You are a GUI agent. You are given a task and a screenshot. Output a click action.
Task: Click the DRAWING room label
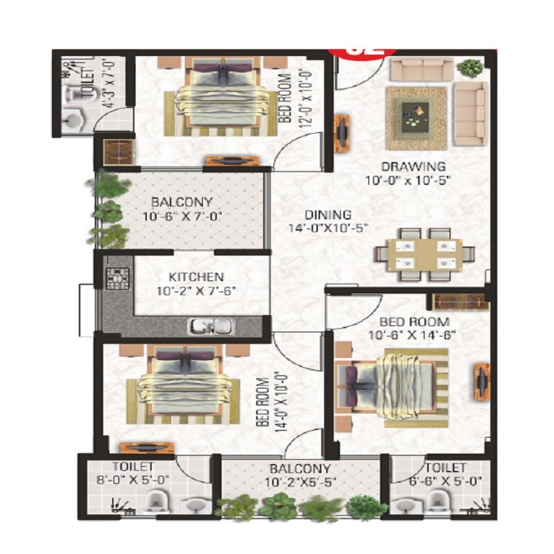click(x=413, y=166)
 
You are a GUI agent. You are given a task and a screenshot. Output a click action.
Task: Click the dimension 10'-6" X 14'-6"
click(x=414, y=336)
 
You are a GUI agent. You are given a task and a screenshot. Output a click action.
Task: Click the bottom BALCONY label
click(x=301, y=469)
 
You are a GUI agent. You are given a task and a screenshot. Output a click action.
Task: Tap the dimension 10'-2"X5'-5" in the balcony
click(x=301, y=483)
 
